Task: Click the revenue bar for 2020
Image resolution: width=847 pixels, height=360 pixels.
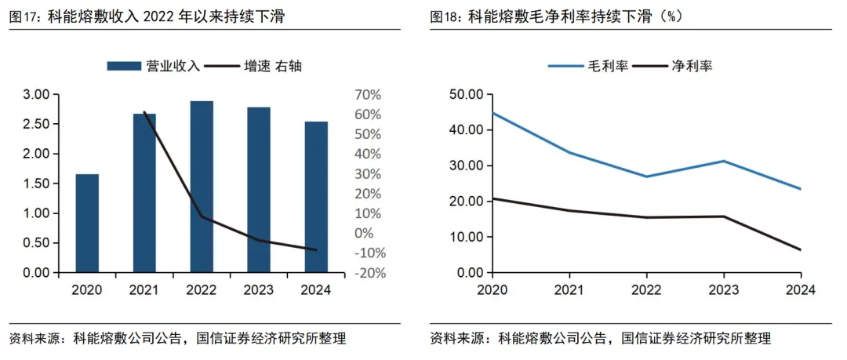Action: pos(87,224)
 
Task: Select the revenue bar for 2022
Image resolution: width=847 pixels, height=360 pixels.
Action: pos(202,187)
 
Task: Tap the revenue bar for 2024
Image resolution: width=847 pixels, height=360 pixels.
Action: pos(316,197)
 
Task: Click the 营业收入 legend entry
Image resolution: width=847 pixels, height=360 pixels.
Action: pos(154,66)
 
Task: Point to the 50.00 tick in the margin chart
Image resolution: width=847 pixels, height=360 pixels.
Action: pos(465,95)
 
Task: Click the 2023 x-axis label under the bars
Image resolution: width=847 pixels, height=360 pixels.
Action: pos(258,290)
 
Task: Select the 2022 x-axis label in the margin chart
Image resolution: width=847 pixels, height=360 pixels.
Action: pos(645,290)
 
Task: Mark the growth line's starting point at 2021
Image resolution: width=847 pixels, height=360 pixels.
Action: pos(144,112)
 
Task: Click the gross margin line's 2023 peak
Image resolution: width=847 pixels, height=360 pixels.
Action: pos(722,161)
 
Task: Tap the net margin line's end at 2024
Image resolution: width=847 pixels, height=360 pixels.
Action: pos(800,249)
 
